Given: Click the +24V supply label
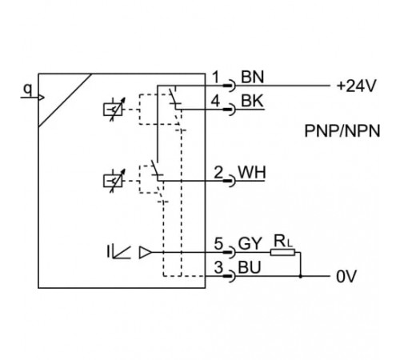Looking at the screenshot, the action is coord(356,86).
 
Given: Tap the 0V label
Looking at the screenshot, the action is coord(346,277).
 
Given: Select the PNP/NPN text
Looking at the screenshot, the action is coord(342,131).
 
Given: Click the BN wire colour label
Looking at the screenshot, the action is coord(252,77).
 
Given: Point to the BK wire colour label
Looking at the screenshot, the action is coord(252,101).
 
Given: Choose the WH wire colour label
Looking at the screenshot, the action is coord(252,173).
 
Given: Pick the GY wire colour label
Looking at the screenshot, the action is coord(250,243).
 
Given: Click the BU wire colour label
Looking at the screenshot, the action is coord(250,267).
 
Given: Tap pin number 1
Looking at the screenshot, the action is coord(216,78).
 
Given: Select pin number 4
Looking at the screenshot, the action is coord(215,102).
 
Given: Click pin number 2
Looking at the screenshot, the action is coord(218,173).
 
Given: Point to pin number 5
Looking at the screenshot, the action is coord(218,243).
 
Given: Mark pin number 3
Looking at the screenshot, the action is coord(218,267).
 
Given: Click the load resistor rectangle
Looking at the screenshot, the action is coord(282,252).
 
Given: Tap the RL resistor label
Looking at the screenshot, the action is coord(283,242).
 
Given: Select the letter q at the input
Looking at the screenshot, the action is coord(27,90).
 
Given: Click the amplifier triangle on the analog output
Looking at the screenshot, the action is coord(146,252).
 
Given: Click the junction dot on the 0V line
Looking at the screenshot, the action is coord(301,277).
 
